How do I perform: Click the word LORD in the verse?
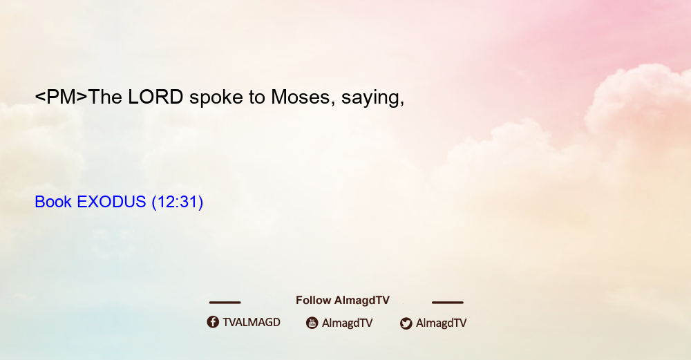pyautogui.click(x=155, y=97)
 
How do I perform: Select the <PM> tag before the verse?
pyautogui.click(x=61, y=97)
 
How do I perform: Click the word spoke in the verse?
pyautogui.click(x=216, y=98)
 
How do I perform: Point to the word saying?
pyautogui.click(x=370, y=99)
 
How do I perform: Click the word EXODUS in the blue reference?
pyautogui.click(x=111, y=202)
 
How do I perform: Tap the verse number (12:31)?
pyautogui.click(x=177, y=202)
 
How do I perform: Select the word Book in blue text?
pyautogui.click(x=53, y=202)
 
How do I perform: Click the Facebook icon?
pyautogui.click(x=213, y=322)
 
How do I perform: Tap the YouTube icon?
pyautogui.click(x=312, y=323)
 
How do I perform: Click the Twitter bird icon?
pyautogui.click(x=406, y=323)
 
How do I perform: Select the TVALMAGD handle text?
pyautogui.click(x=252, y=323)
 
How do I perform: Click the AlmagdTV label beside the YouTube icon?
pyautogui.click(x=348, y=323)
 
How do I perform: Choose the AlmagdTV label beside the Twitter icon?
pyautogui.click(x=441, y=323)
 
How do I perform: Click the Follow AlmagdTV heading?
pyautogui.click(x=343, y=300)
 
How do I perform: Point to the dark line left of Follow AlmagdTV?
pyautogui.click(x=225, y=303)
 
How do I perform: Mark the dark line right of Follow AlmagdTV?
pyautogui.click(x=448, y=303)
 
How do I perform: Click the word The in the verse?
pyautogui.click(x=105, y=97)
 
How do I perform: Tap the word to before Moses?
pyautogui.click(x=256, y=98)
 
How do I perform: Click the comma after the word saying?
pyautogui.click(x=401, y=104)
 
